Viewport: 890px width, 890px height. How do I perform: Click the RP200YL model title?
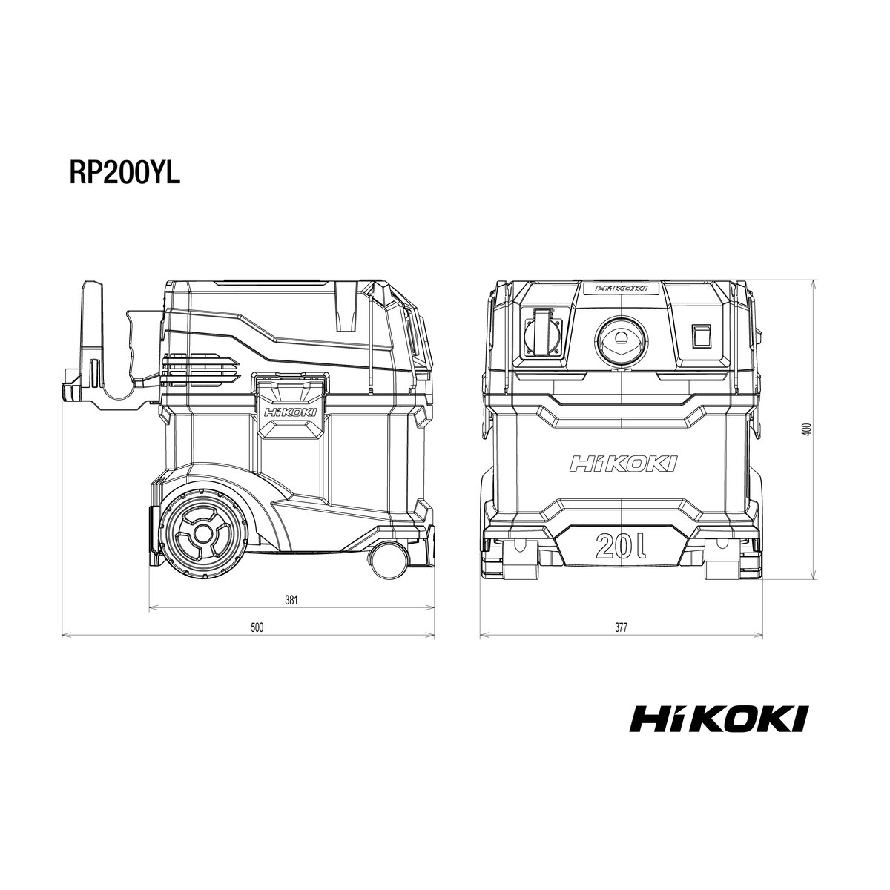click(125, 174)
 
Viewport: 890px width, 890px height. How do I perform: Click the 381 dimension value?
click(291, 601)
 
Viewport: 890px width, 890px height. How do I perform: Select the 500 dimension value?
click(257, 627)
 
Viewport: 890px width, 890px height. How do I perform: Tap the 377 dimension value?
click(622, 627)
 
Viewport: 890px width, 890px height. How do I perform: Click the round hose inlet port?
click(621, 340)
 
